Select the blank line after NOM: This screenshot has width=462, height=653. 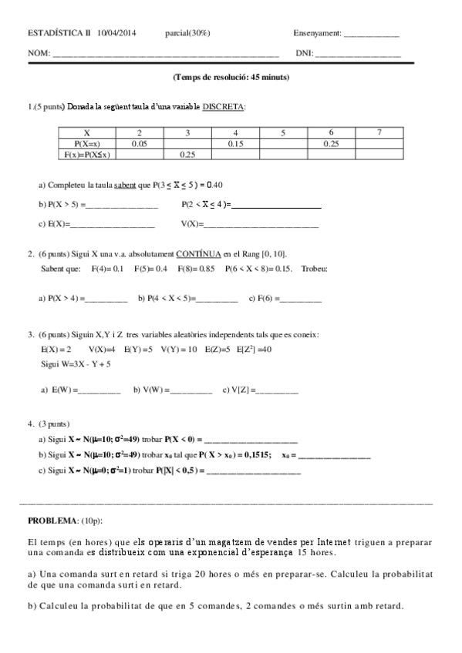tap(165, 55)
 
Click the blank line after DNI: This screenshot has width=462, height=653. tap(358, 55)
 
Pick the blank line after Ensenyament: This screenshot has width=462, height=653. tap(371, 35)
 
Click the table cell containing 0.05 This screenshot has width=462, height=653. tap(140, 143)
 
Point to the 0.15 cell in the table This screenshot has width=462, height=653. tap(235, 143)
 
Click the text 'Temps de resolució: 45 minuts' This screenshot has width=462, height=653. tap(232, 77)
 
